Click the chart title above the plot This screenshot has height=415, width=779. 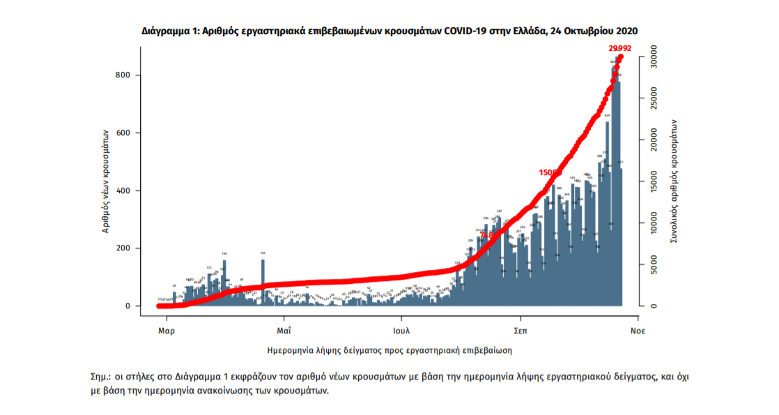coord(389,31)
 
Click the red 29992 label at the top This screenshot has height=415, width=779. coord(619,49)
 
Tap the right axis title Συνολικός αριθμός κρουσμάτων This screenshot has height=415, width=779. coord(674,181)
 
